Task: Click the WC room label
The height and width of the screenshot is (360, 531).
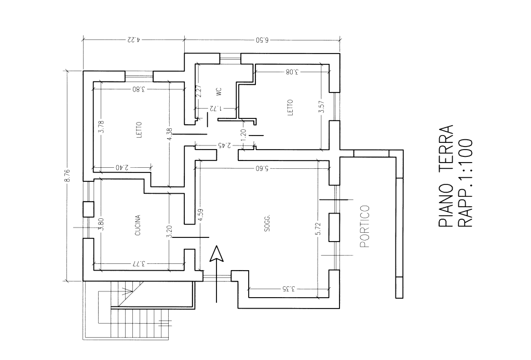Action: pyautogui.click(x=218, y=91)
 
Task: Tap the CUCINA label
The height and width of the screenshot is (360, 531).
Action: pyautogui.click(x=138, y=225)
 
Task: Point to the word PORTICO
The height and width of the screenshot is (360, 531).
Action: pyautogui.click(x=364, y=226)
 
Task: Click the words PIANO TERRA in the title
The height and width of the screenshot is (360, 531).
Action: pyautogui.click(x=446, y=176)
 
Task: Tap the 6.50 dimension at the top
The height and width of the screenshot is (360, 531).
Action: pyautogui.click(x=262, y=40)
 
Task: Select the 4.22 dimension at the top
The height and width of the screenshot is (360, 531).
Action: pyautogui.click(x=134, y=39)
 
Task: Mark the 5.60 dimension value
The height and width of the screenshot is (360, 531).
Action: pyautogui.click(x=262, y=168)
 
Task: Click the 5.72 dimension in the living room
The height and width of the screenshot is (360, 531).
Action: pyautogui.click(x=318, y=229)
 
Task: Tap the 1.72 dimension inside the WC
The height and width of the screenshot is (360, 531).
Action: pyautogui.click(x=216, y=109)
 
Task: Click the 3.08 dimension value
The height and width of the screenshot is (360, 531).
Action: pyautogui.click(x=292, y=72)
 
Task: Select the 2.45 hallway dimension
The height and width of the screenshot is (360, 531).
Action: pyautogui.click(x=225, y=145)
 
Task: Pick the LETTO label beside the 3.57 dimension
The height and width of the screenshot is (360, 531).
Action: pyautogui.click(x=290, y=108)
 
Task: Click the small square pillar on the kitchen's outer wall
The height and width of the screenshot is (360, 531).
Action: pyautogui.click(x=88, y=209)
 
